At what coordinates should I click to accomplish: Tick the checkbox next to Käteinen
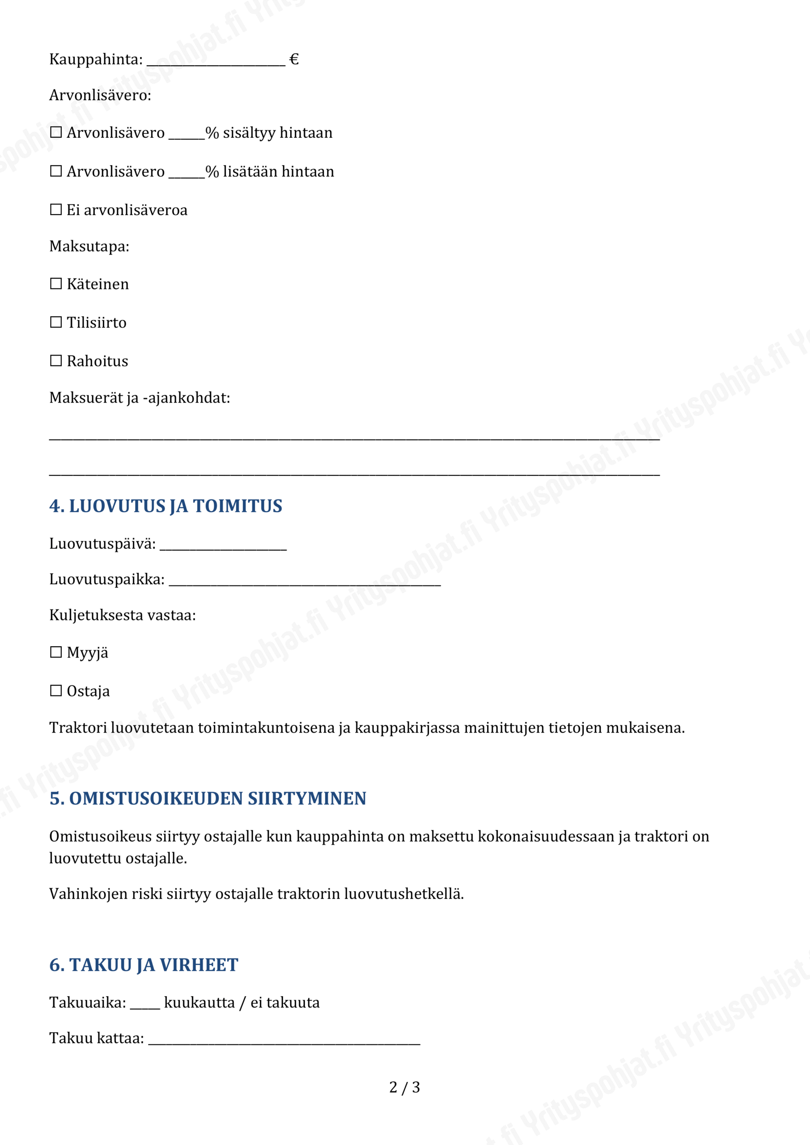click(x=56, y=284)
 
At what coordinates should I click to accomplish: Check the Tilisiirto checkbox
click(x=56, y=322)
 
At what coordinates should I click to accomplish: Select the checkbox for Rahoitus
click(x=56, y=360)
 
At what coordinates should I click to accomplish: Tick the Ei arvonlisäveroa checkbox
click(x=56, y=209)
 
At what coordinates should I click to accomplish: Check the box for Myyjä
click(x=56, y=652)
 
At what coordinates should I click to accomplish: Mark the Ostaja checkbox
click(x=56, y=691)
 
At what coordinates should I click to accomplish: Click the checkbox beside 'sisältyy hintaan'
click(x=56, y=132)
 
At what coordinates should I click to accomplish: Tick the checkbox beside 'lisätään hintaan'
click(x=56, y=171)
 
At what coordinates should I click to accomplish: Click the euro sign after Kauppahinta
click(x=294, y=59)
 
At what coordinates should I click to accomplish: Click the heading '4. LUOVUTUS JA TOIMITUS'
click(x=165, y=506)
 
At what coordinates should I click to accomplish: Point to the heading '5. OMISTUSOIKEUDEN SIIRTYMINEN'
click(x=208, y=798)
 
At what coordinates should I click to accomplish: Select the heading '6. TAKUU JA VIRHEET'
click(x=144, y=965)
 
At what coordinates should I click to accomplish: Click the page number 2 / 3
click(x=404, y=1087)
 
